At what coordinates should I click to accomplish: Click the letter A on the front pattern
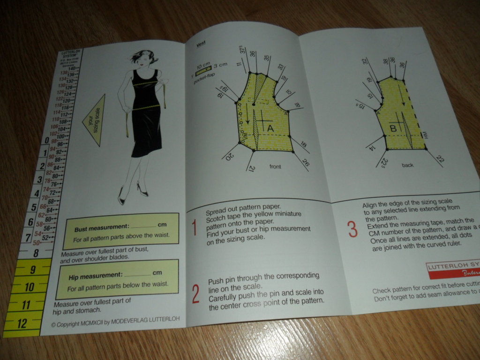coord(270,127)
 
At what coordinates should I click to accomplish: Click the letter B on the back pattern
coord(394,128)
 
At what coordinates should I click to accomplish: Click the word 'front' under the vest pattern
coord(275,166)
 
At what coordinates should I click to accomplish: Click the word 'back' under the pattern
coord(407,165)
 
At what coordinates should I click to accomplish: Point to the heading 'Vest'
coord(201,44)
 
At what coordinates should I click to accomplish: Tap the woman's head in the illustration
coord(143,57)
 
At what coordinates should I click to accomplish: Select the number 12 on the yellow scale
coord(22,323)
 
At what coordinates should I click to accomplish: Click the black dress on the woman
coord(145,115)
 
